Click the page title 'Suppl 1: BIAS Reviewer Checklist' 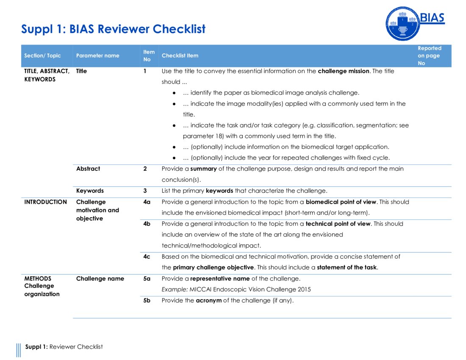coord(113,29)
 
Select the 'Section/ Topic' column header coord(42,55)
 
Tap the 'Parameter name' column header coord(97,55)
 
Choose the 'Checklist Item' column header coord(180,55)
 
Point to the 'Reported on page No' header coord(429,55)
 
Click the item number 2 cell coord(145,169)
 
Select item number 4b coord(147,224)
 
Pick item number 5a coord(147,279)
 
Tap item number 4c coord(147,257)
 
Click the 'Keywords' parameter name coord(90,191)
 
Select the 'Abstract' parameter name coord(88,169)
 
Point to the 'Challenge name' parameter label coord(100,279)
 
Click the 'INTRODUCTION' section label coord(45,202)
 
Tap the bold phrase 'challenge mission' coord(344,71)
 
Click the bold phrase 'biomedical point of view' coord(341,202)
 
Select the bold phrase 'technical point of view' coord(338,224)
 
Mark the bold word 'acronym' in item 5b coord(208,301)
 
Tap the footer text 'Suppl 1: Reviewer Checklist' coord(64,347)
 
